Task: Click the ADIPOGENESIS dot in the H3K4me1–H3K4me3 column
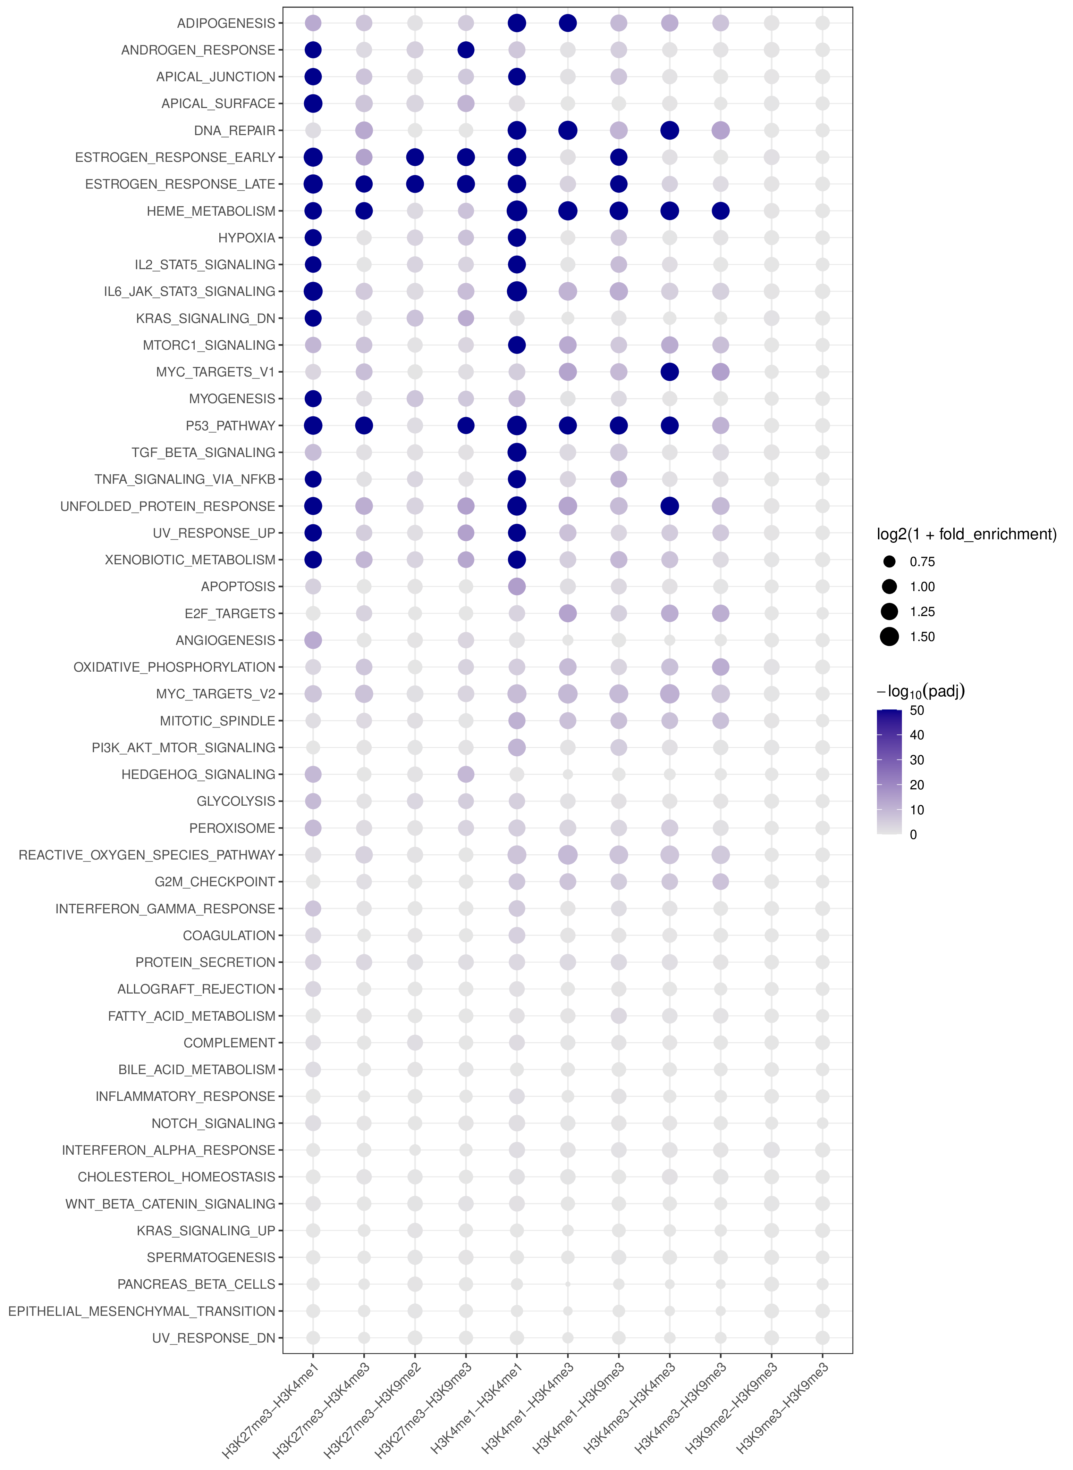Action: point(568,23)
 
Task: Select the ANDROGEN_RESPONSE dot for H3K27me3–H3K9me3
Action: point(466,50)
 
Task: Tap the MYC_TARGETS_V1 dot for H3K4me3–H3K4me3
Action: point(670,372)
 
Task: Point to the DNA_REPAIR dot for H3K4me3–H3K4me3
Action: point(670,131)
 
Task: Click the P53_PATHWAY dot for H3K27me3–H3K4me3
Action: point(364,426)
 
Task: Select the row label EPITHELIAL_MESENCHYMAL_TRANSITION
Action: point(142,1311)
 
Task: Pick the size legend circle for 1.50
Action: point(889,637)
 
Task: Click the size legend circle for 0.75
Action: point(889,562)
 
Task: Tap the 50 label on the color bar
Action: point(916,710)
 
